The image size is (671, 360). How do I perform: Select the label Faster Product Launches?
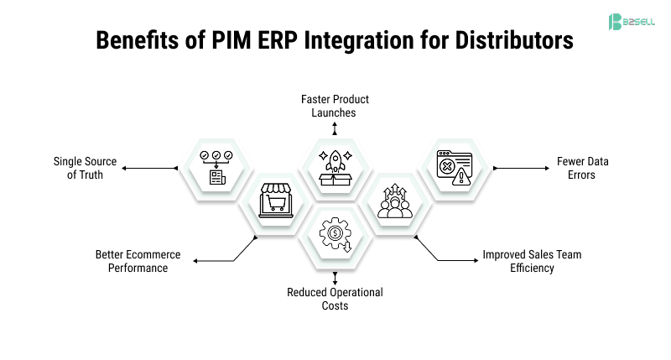335,106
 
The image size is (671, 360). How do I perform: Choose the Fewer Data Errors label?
576,168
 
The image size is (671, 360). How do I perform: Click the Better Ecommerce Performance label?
132,261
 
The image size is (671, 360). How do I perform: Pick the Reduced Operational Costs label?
335,299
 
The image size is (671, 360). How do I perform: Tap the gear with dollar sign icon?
335,236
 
